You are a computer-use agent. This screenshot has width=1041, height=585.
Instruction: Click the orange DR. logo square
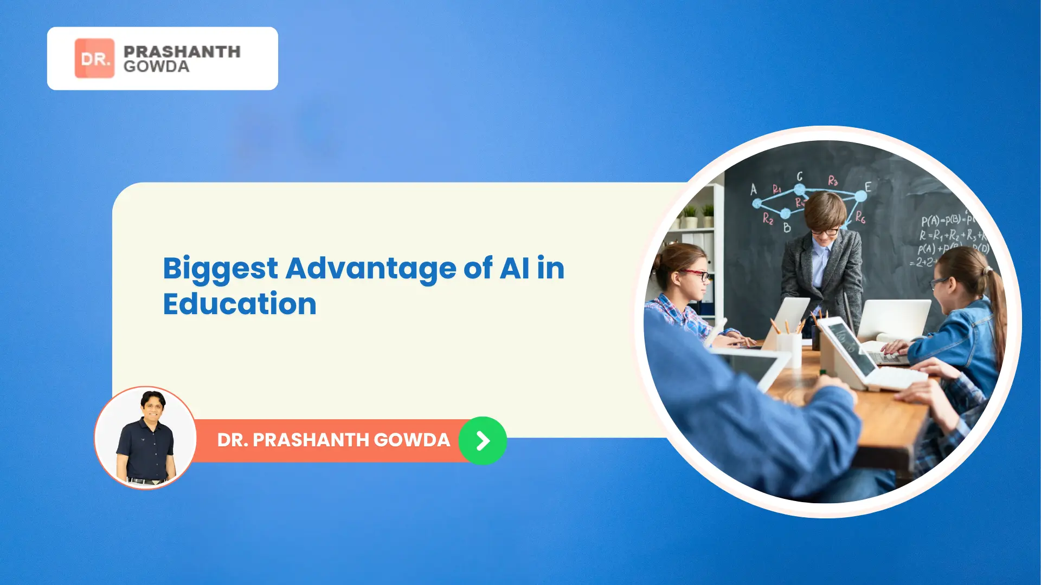tap(94, 58)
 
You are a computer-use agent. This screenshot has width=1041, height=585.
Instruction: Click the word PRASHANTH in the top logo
tap(182, 51)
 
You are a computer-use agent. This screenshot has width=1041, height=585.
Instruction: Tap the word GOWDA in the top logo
tap(156, 67)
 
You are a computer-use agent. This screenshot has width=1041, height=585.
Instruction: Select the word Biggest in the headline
tap(220, 269)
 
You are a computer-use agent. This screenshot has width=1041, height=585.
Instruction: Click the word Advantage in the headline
tap(371, 269)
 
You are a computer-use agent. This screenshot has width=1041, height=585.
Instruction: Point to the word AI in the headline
tap(514, 268)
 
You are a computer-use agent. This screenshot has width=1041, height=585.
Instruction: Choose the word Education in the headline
tap(240, 304)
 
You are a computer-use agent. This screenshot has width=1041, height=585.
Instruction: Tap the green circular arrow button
tap(483, 440)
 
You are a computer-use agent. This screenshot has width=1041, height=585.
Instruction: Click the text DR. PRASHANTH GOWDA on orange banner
tap(333, 440)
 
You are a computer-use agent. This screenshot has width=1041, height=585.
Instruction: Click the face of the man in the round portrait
tap(152, 406)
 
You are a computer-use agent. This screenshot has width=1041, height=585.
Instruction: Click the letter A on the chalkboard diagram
tap(753, 190)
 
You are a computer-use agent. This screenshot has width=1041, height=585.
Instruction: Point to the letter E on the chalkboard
tap(868, 187)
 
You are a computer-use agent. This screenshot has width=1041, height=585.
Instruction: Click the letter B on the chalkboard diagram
tap(787, 228)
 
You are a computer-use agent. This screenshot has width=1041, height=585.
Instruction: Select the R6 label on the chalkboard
tap(860, 218)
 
